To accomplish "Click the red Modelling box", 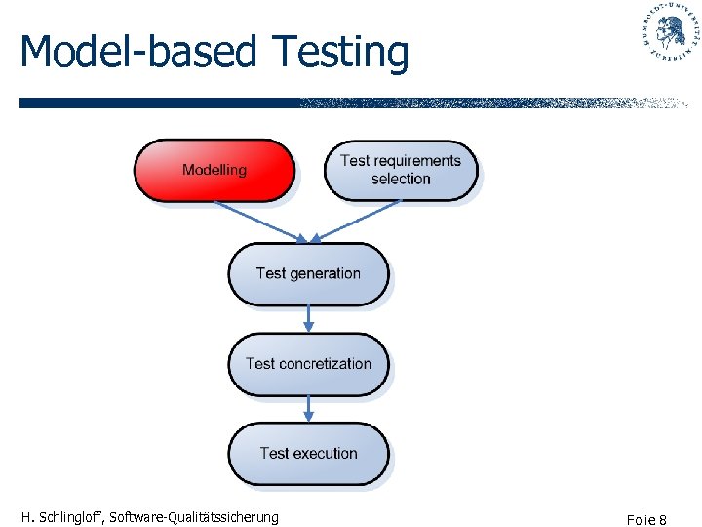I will tap(214, 170).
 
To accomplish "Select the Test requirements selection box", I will tap(400, 170).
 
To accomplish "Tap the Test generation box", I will tap(308, 273).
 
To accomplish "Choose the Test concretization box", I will tap(308, 363).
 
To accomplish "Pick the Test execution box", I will tap(308, 453).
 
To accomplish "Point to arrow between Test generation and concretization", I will tap(309, 318).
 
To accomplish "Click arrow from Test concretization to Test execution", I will tap(309, 408).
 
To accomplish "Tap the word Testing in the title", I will tap(339, 52).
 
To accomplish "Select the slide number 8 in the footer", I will tap(662, 520).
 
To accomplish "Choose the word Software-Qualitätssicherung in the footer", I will tap(194, 517).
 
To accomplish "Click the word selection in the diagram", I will tap(401, 180).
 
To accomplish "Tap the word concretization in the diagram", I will tap(325, 364).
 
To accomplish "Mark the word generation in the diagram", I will tap(325, 274).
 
